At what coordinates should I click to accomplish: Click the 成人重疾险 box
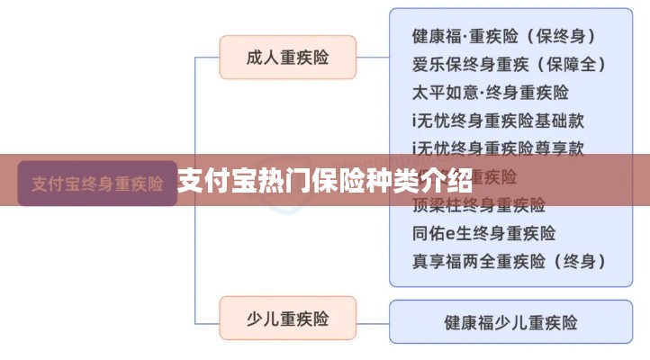[287, 58]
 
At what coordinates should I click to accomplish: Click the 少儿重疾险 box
[287, 319]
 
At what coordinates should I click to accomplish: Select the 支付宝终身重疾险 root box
[97, 184]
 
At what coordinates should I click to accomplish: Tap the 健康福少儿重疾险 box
[510, 321]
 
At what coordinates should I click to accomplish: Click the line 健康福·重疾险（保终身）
[505, 37]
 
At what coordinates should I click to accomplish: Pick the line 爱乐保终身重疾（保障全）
[509, 65]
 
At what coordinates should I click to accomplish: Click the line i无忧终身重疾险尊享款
[498, 148]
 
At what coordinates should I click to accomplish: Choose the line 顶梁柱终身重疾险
[478, 205]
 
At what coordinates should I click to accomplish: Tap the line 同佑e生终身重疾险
[483, 233]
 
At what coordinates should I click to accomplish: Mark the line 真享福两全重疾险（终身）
[509, 262]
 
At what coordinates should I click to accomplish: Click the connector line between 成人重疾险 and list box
[373, 58]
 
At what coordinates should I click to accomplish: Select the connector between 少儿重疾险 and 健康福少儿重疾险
[373, 319]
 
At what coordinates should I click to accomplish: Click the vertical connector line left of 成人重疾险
[196, 117]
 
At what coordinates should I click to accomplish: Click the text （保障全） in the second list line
[572, 65]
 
